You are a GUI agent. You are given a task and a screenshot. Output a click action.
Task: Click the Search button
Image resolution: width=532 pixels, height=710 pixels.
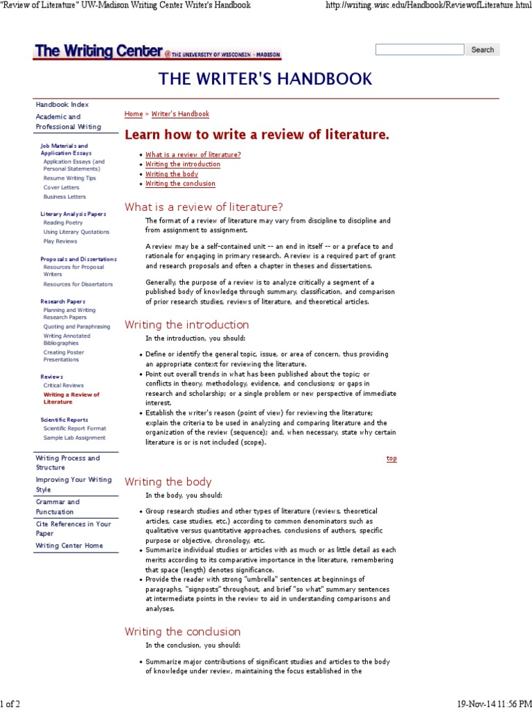[x=482, y=50]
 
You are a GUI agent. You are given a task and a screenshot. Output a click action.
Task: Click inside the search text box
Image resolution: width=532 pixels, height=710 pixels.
[x=420, y=50]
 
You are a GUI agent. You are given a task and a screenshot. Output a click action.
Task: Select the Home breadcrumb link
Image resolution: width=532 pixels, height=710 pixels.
[x=133, y=114]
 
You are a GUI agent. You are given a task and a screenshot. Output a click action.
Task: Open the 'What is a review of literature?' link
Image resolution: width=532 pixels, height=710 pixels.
[x=193, y=155]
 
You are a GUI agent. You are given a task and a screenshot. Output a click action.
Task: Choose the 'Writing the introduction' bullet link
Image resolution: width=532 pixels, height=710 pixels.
[x=183, y=164]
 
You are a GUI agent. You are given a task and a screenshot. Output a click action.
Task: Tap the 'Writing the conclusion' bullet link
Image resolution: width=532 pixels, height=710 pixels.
[x=180, y=184]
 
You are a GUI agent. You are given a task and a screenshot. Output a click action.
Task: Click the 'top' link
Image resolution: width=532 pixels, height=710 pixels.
[x=391, y=458]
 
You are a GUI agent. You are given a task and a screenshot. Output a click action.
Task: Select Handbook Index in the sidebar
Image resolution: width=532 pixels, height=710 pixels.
[x=62, y=104]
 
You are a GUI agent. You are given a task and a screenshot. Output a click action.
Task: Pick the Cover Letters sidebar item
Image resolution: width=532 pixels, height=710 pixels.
[x=61, y=187]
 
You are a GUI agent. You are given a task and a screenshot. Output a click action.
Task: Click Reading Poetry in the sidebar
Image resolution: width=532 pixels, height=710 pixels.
[x=63, y=223]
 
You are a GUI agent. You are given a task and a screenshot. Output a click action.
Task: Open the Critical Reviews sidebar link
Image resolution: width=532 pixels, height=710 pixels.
[x=64, y=385]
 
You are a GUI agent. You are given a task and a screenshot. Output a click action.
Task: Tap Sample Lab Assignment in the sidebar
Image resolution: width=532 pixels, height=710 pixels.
[x=74, y=438]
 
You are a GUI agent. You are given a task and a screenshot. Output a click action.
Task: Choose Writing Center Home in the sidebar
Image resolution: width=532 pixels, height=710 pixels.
[x=69, y=546]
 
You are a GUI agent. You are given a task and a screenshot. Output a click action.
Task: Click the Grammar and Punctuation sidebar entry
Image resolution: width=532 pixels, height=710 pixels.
[x=57, y=507]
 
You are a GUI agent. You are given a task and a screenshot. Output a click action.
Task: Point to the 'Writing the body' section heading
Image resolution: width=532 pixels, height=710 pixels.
[x=168, y=482]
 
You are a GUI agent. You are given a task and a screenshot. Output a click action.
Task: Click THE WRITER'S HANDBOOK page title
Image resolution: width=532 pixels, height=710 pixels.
[x=265, y=78]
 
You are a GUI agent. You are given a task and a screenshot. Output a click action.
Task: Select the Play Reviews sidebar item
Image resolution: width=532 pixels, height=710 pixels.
[x=60, y=241]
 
